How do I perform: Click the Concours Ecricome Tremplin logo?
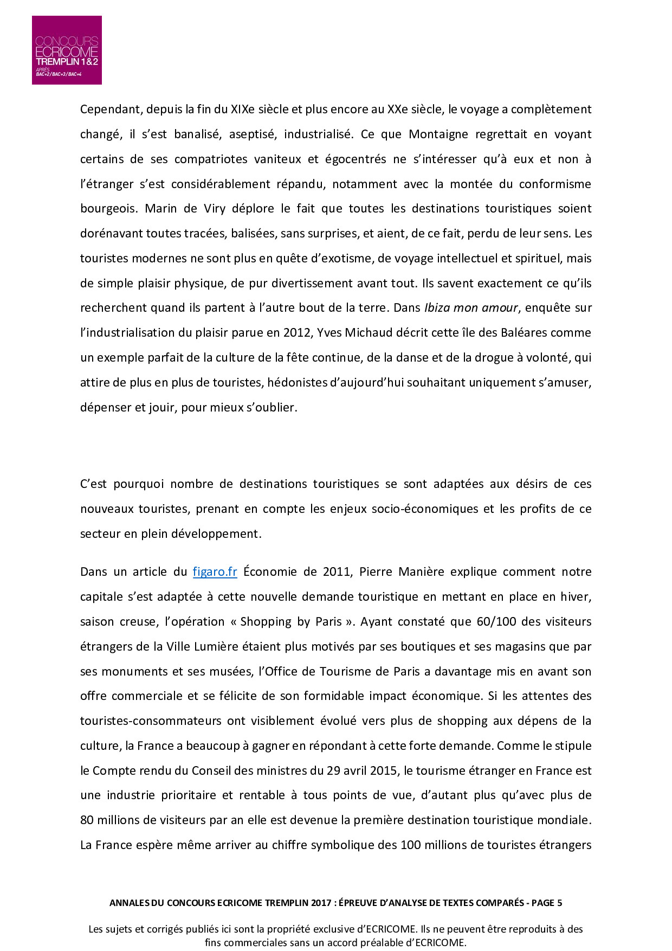click(x=67, y=50)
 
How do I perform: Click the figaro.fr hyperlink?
click(x=215, y=572)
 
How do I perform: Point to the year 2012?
click(x=296, y=333)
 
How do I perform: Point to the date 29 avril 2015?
click(x=362, y=771)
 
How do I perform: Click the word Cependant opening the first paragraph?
click(x=110, y=110)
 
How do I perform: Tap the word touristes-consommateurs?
click(x=151, y=721)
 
